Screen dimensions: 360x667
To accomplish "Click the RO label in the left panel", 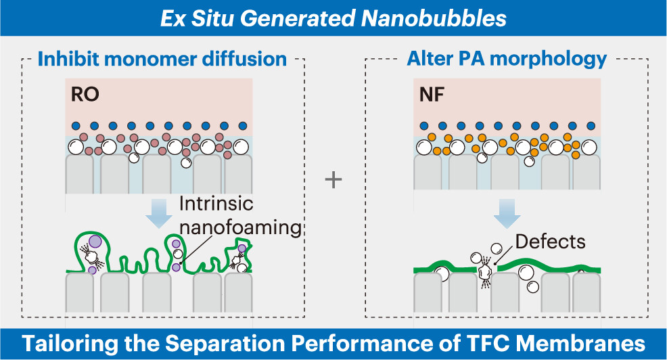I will (85, 94).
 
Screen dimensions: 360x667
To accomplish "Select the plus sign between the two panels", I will (333, 180).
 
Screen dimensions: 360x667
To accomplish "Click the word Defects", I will (550, 242).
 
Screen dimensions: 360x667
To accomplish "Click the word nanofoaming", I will (240, 227).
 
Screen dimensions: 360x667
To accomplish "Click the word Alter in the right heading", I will (428, 59).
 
